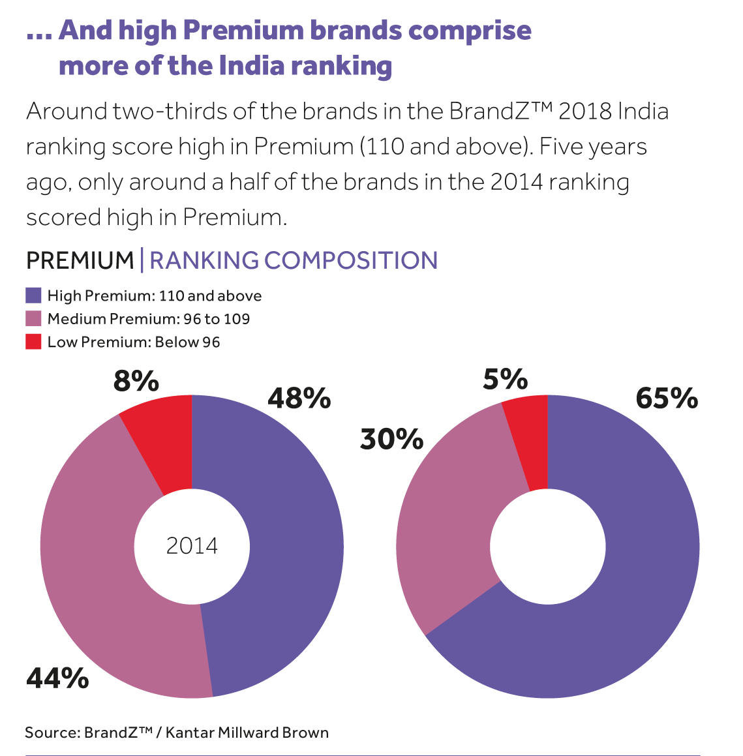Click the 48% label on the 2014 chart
299,398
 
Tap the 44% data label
57,678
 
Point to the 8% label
136,381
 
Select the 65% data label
667,398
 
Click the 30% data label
391,440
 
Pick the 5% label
505,379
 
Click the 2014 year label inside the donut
192,546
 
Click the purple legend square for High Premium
34,295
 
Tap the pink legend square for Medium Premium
34,319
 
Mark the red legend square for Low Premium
34,342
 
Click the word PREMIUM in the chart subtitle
80,260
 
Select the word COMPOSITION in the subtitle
351,260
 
